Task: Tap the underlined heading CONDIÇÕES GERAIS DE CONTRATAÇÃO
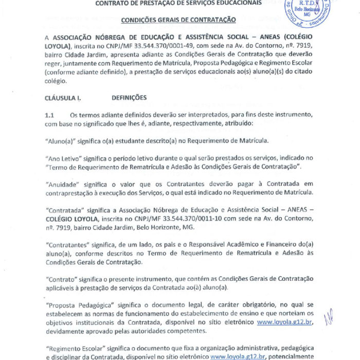coord(178,20)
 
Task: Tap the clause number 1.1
coord(50,115)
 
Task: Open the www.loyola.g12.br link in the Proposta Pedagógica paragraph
coord(286,322)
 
